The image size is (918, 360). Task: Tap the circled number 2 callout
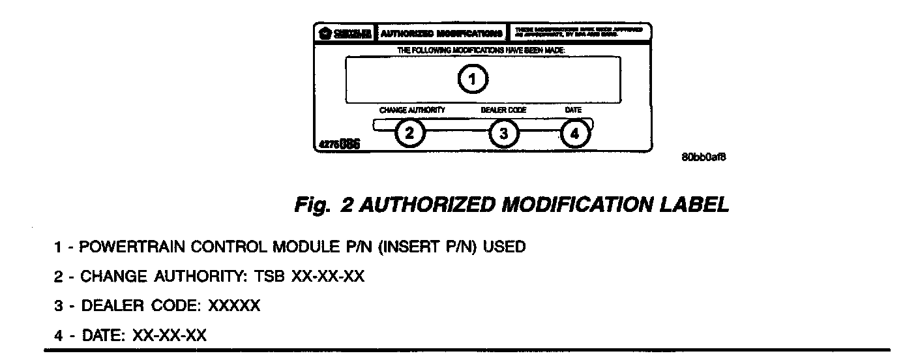point(409,134)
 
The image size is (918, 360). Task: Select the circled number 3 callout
point(503,134)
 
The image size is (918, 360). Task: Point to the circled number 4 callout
point(574,134)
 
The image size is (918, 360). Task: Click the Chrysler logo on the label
point(345,32)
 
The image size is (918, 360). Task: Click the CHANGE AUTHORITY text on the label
point(412,110)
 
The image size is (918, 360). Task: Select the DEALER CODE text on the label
point(503,110)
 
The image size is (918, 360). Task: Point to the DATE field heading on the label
point(573,110)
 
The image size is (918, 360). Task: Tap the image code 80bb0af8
point(703,158)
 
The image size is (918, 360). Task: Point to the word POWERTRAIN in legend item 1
point(127,248)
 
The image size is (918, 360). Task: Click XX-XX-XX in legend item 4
point(170,336)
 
